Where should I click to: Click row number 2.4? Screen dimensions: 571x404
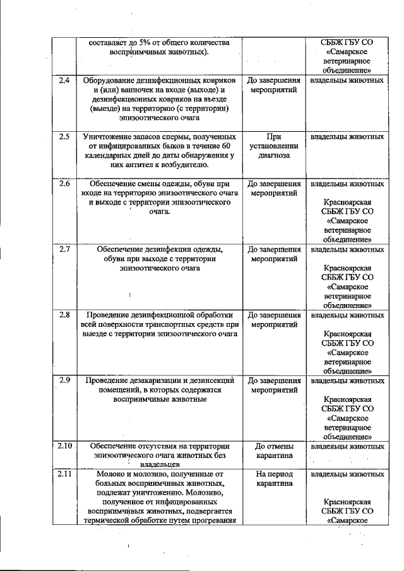[63, 81]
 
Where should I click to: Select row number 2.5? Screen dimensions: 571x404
[63, 136]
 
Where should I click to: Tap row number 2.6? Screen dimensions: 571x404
[63, 184]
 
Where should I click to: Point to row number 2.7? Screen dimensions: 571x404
[63, 249]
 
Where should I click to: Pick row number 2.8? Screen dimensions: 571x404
[63, 314]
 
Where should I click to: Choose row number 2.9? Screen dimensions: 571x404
[63, 380]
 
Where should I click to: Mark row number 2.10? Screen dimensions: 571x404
[63, 445]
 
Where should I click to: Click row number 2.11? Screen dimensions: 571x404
[63, 473]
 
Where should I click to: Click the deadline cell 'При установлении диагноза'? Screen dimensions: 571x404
[273, 146]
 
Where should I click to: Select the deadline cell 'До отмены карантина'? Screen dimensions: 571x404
[273, 450]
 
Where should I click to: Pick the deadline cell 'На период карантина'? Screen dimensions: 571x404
[273, 478]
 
